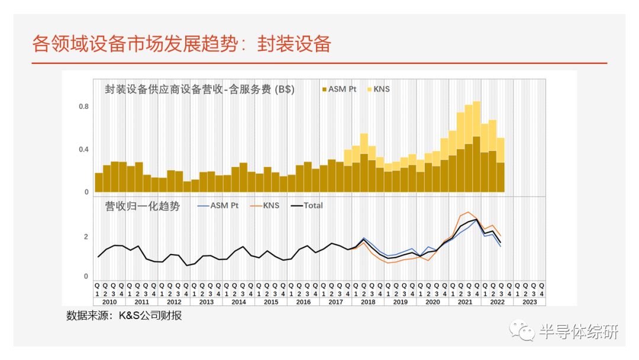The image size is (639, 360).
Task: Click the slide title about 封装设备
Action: coord(181,44)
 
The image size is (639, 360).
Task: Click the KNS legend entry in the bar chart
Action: coord(377,89)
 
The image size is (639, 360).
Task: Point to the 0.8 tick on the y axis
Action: coord(83,107)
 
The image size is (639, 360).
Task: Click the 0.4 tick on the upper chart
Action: coord(83,149)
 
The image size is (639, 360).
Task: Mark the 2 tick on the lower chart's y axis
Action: coord(86,237)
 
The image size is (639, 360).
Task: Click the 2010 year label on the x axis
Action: coord(109,301)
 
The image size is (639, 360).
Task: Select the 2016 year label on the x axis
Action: coord(303,301)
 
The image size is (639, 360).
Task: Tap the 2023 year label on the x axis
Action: coord(529,301)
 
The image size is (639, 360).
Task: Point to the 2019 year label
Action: coord(400,301)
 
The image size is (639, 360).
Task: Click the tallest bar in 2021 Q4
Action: coord(476,148)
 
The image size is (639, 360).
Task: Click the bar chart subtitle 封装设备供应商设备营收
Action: coord(199,89)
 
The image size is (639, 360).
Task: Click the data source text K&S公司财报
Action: coord(124,316)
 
